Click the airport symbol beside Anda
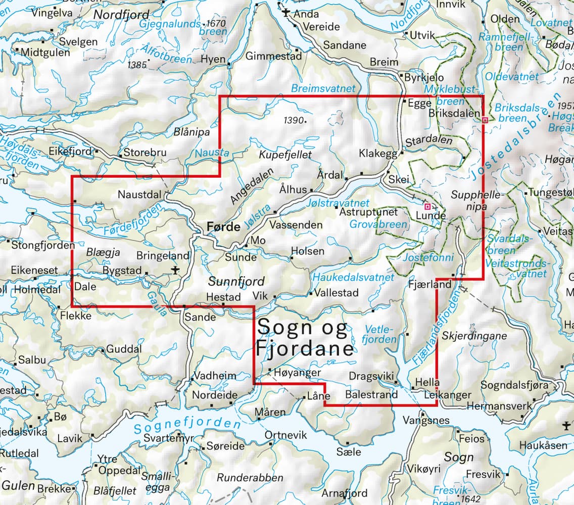(286, 13)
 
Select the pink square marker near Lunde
(427, 207)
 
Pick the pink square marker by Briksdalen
(485, 120)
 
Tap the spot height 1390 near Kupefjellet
(294, 121)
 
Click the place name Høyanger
(299, 372)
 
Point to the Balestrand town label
(371, 394)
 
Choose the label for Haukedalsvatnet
(353, 277)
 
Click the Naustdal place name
(139, 194)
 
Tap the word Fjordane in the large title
(304, 349)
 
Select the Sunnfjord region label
(236, 281)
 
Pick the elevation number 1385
(137, 65)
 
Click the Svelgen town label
(78, 41)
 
